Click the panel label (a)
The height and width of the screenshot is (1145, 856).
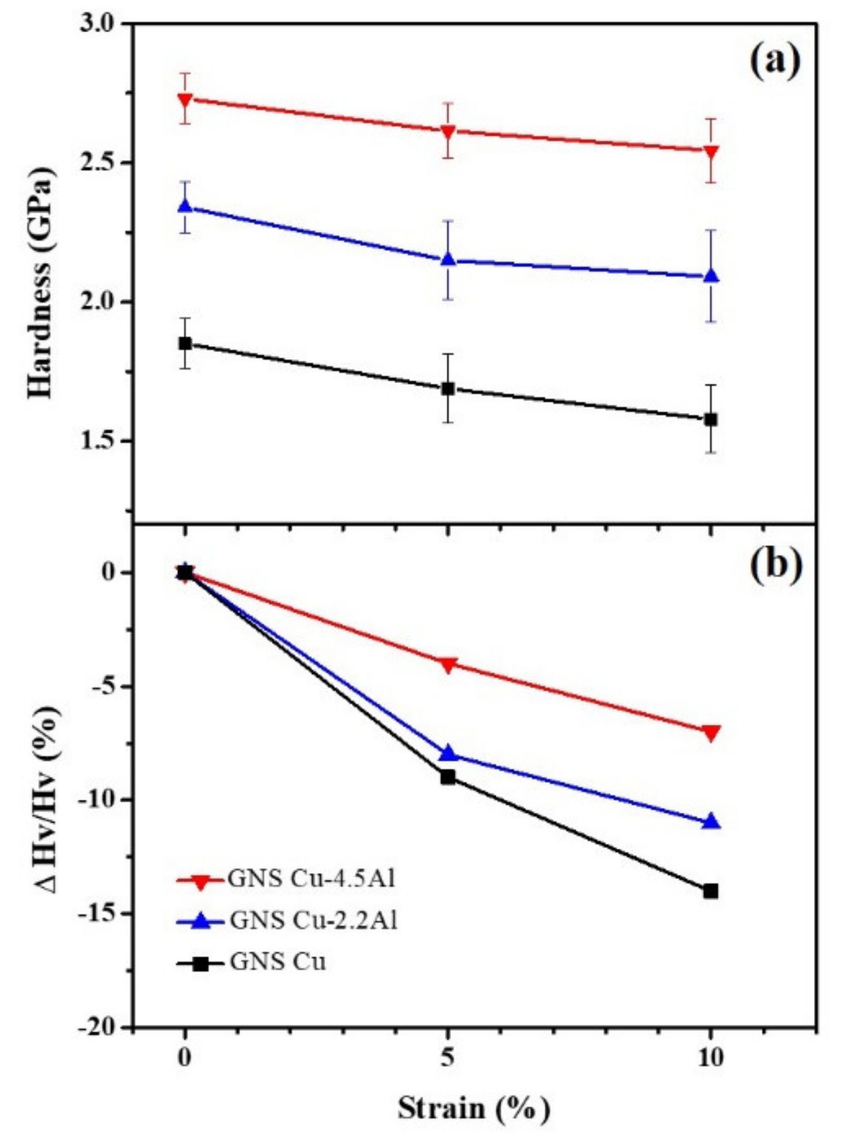tap(775, 62)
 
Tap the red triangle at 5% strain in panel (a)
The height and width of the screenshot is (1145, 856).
tap(448, 131)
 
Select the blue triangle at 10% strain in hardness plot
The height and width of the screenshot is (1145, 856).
tap(711, 275)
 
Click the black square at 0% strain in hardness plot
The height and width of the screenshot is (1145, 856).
tap(185, 344)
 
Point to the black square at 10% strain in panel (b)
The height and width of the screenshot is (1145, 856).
tap(711, 891)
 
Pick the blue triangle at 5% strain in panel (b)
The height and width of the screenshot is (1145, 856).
tap(448, 754)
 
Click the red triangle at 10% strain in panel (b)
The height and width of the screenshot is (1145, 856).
tap(711, 733)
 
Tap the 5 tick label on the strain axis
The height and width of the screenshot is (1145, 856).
tap(448, 1058)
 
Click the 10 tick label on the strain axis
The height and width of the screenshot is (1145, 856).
tap(710, 1058)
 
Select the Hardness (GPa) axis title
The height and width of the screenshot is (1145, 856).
tap(41, 281)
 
